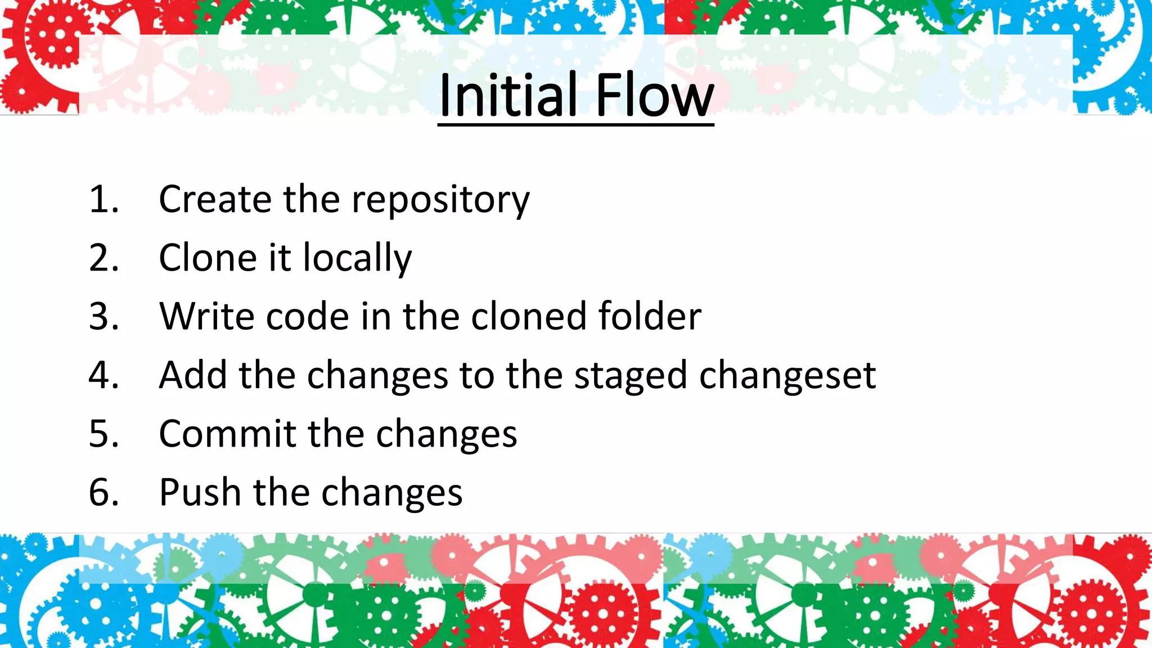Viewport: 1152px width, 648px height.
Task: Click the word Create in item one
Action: [x=215, y=200]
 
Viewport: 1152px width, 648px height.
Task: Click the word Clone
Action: [x=208, y=258]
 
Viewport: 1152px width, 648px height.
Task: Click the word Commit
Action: [x=227, y=434]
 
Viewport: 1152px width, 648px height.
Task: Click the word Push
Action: [x=200, y=492]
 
